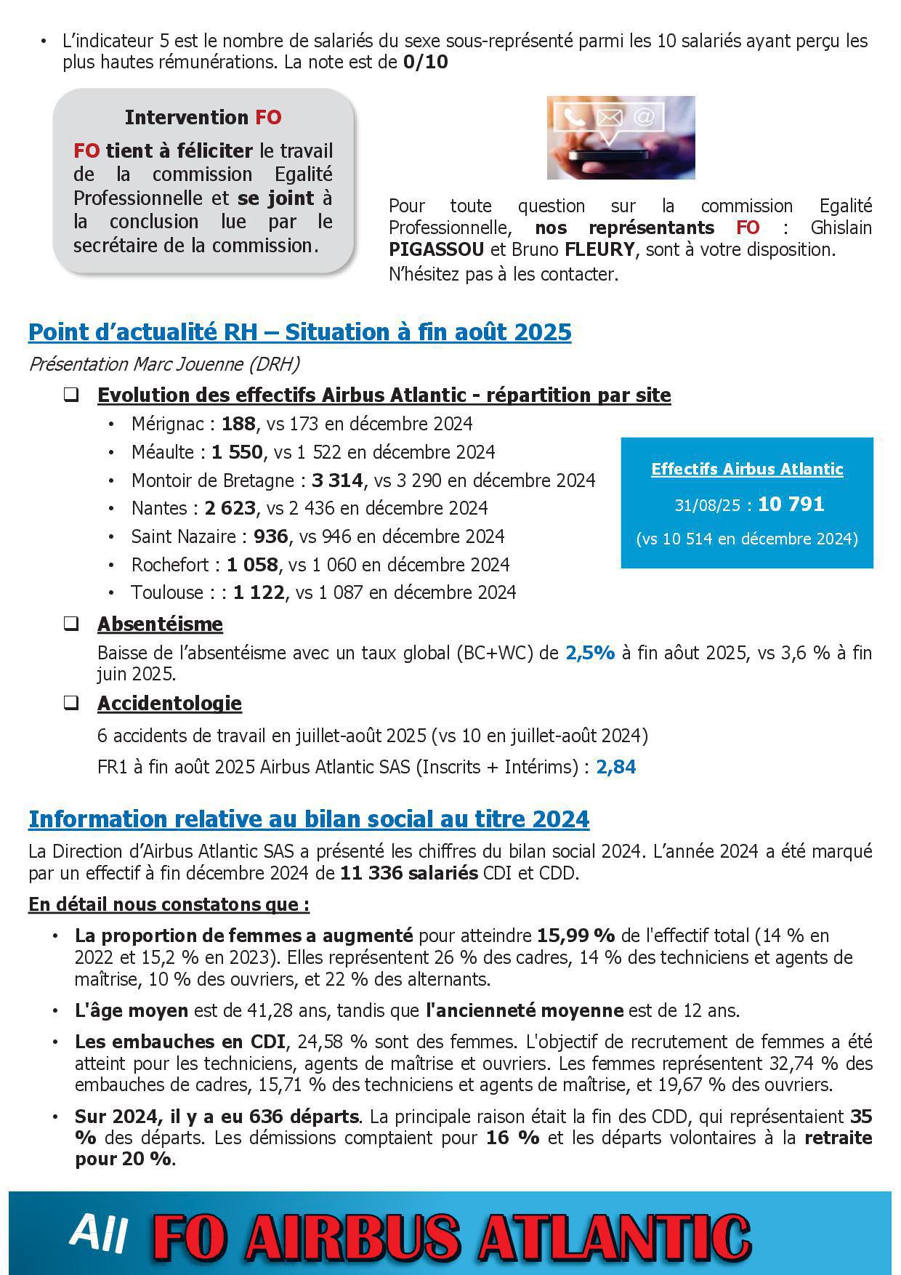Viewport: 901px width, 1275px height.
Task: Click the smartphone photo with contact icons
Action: coord(621,137)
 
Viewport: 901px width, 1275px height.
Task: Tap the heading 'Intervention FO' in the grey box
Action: coord(203,118)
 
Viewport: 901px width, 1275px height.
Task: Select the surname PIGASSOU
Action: coord(436,250)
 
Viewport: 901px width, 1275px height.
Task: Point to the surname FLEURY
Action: coord(599,250)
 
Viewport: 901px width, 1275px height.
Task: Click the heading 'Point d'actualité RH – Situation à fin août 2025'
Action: coord(299,332)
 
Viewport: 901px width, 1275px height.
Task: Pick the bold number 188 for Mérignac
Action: coord(238,424)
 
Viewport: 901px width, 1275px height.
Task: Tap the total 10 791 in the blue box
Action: coord(791,504)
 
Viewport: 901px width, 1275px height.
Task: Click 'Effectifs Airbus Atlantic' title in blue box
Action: coord(747,469)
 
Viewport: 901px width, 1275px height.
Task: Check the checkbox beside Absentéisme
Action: coord(71,624)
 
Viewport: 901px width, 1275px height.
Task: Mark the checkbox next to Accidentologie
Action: coord(71,703)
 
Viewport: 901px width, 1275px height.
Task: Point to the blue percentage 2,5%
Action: coord(590,653)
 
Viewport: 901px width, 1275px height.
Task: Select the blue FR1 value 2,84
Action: coord(615,767)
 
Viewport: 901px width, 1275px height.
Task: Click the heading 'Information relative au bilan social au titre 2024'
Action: coord(308,819)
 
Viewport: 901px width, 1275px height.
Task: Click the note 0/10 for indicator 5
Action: coord(425,63)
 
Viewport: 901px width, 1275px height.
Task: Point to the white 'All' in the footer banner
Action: coord(100,1233)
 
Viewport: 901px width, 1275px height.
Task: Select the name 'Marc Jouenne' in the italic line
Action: coord(185,364)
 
